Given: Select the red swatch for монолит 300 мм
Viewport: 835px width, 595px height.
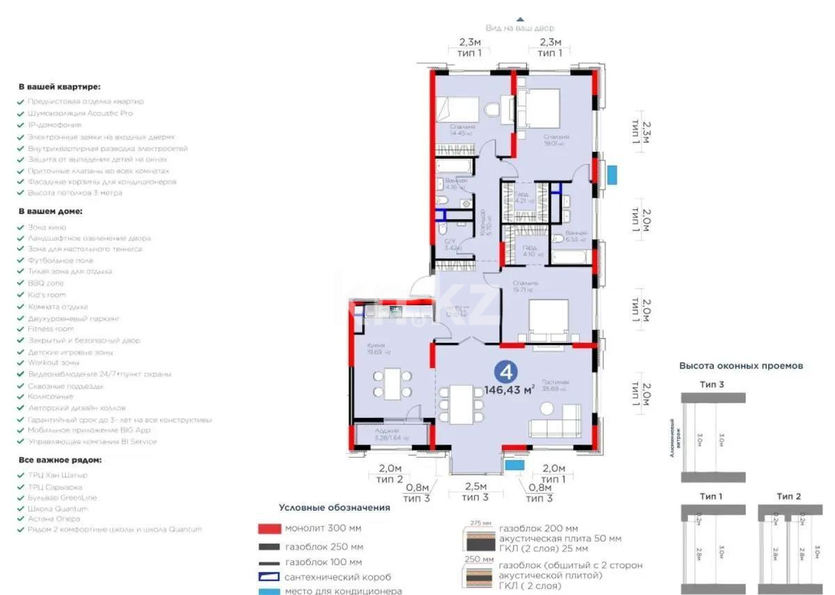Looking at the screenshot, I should click(x=268, y=529).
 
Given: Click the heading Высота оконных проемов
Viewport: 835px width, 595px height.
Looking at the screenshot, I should click(x=741, y=365).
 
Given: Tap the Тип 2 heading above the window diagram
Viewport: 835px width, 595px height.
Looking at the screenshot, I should click(x=788, y=496).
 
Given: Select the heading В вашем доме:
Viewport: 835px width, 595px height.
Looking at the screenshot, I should click(x=50, y=210).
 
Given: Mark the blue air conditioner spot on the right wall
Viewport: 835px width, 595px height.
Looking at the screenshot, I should click(x=612, y=174).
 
